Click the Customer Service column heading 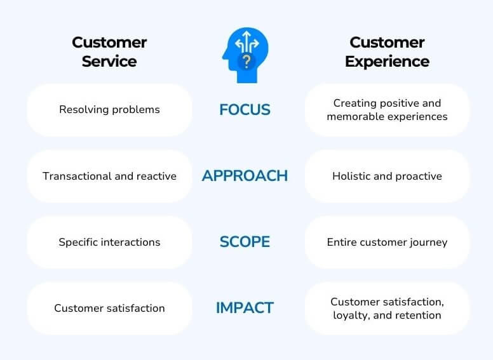coord(109,52)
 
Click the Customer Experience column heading coord(387,52)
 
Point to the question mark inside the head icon coord(246,62)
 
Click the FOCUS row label coord(245,110)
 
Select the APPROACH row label coord(245,176)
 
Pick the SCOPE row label coord(245,242)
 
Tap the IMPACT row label coord(245,308)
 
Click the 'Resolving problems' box coord(109,110)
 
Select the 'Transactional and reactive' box coord(109,176)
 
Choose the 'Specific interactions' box coord(109,242)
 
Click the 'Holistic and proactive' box coord(387,176)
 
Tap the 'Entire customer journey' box coord(387,242)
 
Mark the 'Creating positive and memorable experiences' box coord(387,110)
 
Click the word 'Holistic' coord(353,176)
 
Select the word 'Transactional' coord(75,176)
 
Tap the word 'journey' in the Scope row coord(429,242)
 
